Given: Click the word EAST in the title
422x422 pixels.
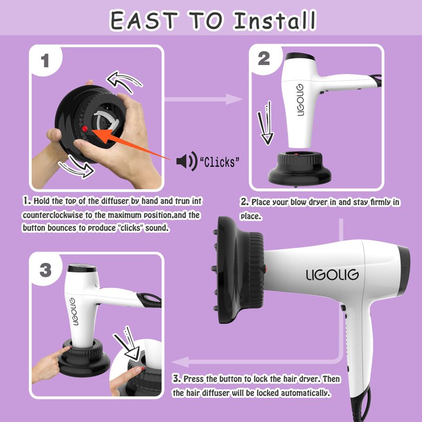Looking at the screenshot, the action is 144,21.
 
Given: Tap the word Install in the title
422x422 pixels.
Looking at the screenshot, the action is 275,20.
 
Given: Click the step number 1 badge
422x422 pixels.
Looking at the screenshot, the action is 45,61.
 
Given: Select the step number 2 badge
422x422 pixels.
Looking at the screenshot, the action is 264,59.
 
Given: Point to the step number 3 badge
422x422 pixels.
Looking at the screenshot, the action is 45,270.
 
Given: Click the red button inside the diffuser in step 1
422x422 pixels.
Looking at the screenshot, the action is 85,129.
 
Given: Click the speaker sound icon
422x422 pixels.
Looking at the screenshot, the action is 187,161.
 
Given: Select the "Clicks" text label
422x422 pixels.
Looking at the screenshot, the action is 219,162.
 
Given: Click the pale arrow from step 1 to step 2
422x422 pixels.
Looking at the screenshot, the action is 203,99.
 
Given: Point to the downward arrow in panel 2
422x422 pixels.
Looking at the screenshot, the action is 266,123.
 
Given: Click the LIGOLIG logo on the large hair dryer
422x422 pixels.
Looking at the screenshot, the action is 332,275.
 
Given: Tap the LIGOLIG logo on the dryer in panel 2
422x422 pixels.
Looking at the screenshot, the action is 300,100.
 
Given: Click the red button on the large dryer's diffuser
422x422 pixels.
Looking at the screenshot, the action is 264,268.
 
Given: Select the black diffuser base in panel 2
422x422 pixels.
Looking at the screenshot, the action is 300,169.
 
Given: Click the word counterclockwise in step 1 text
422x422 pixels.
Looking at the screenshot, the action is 53,215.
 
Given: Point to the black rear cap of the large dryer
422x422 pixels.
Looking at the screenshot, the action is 404,270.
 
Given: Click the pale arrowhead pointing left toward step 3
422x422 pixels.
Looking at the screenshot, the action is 180,362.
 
